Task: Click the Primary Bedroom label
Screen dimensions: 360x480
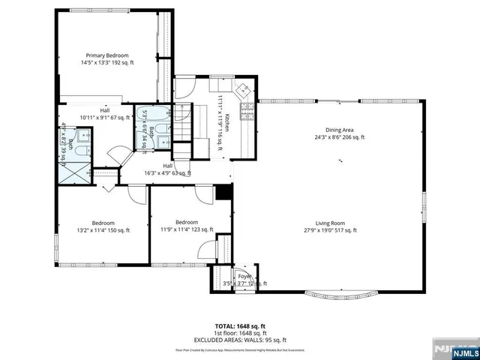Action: [106, 55]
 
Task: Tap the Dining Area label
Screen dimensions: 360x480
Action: [339, 130]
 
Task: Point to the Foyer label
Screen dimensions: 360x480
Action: [245, 276]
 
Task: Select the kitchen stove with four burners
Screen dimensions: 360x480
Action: [247, 112]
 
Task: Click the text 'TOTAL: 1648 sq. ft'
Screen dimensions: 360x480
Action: [240, 325]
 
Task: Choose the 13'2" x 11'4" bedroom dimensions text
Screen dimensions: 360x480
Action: [103, 230]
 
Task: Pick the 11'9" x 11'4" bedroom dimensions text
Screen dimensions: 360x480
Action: [187, 230]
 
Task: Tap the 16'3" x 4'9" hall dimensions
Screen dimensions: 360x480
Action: [168, 172]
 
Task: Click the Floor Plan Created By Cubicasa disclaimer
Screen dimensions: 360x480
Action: [240, 349]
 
